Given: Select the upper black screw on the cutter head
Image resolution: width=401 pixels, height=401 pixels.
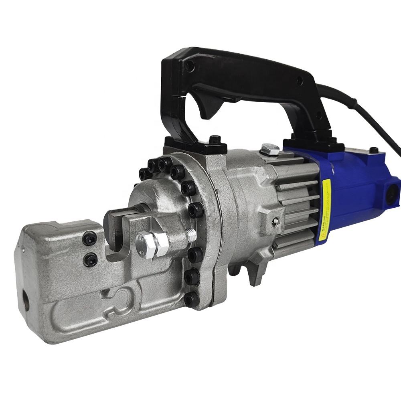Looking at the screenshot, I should point(89,239).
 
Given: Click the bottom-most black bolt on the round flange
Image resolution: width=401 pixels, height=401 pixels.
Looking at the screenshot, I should point(192,298).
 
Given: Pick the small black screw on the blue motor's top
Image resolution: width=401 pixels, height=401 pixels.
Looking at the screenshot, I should point(373,150).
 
